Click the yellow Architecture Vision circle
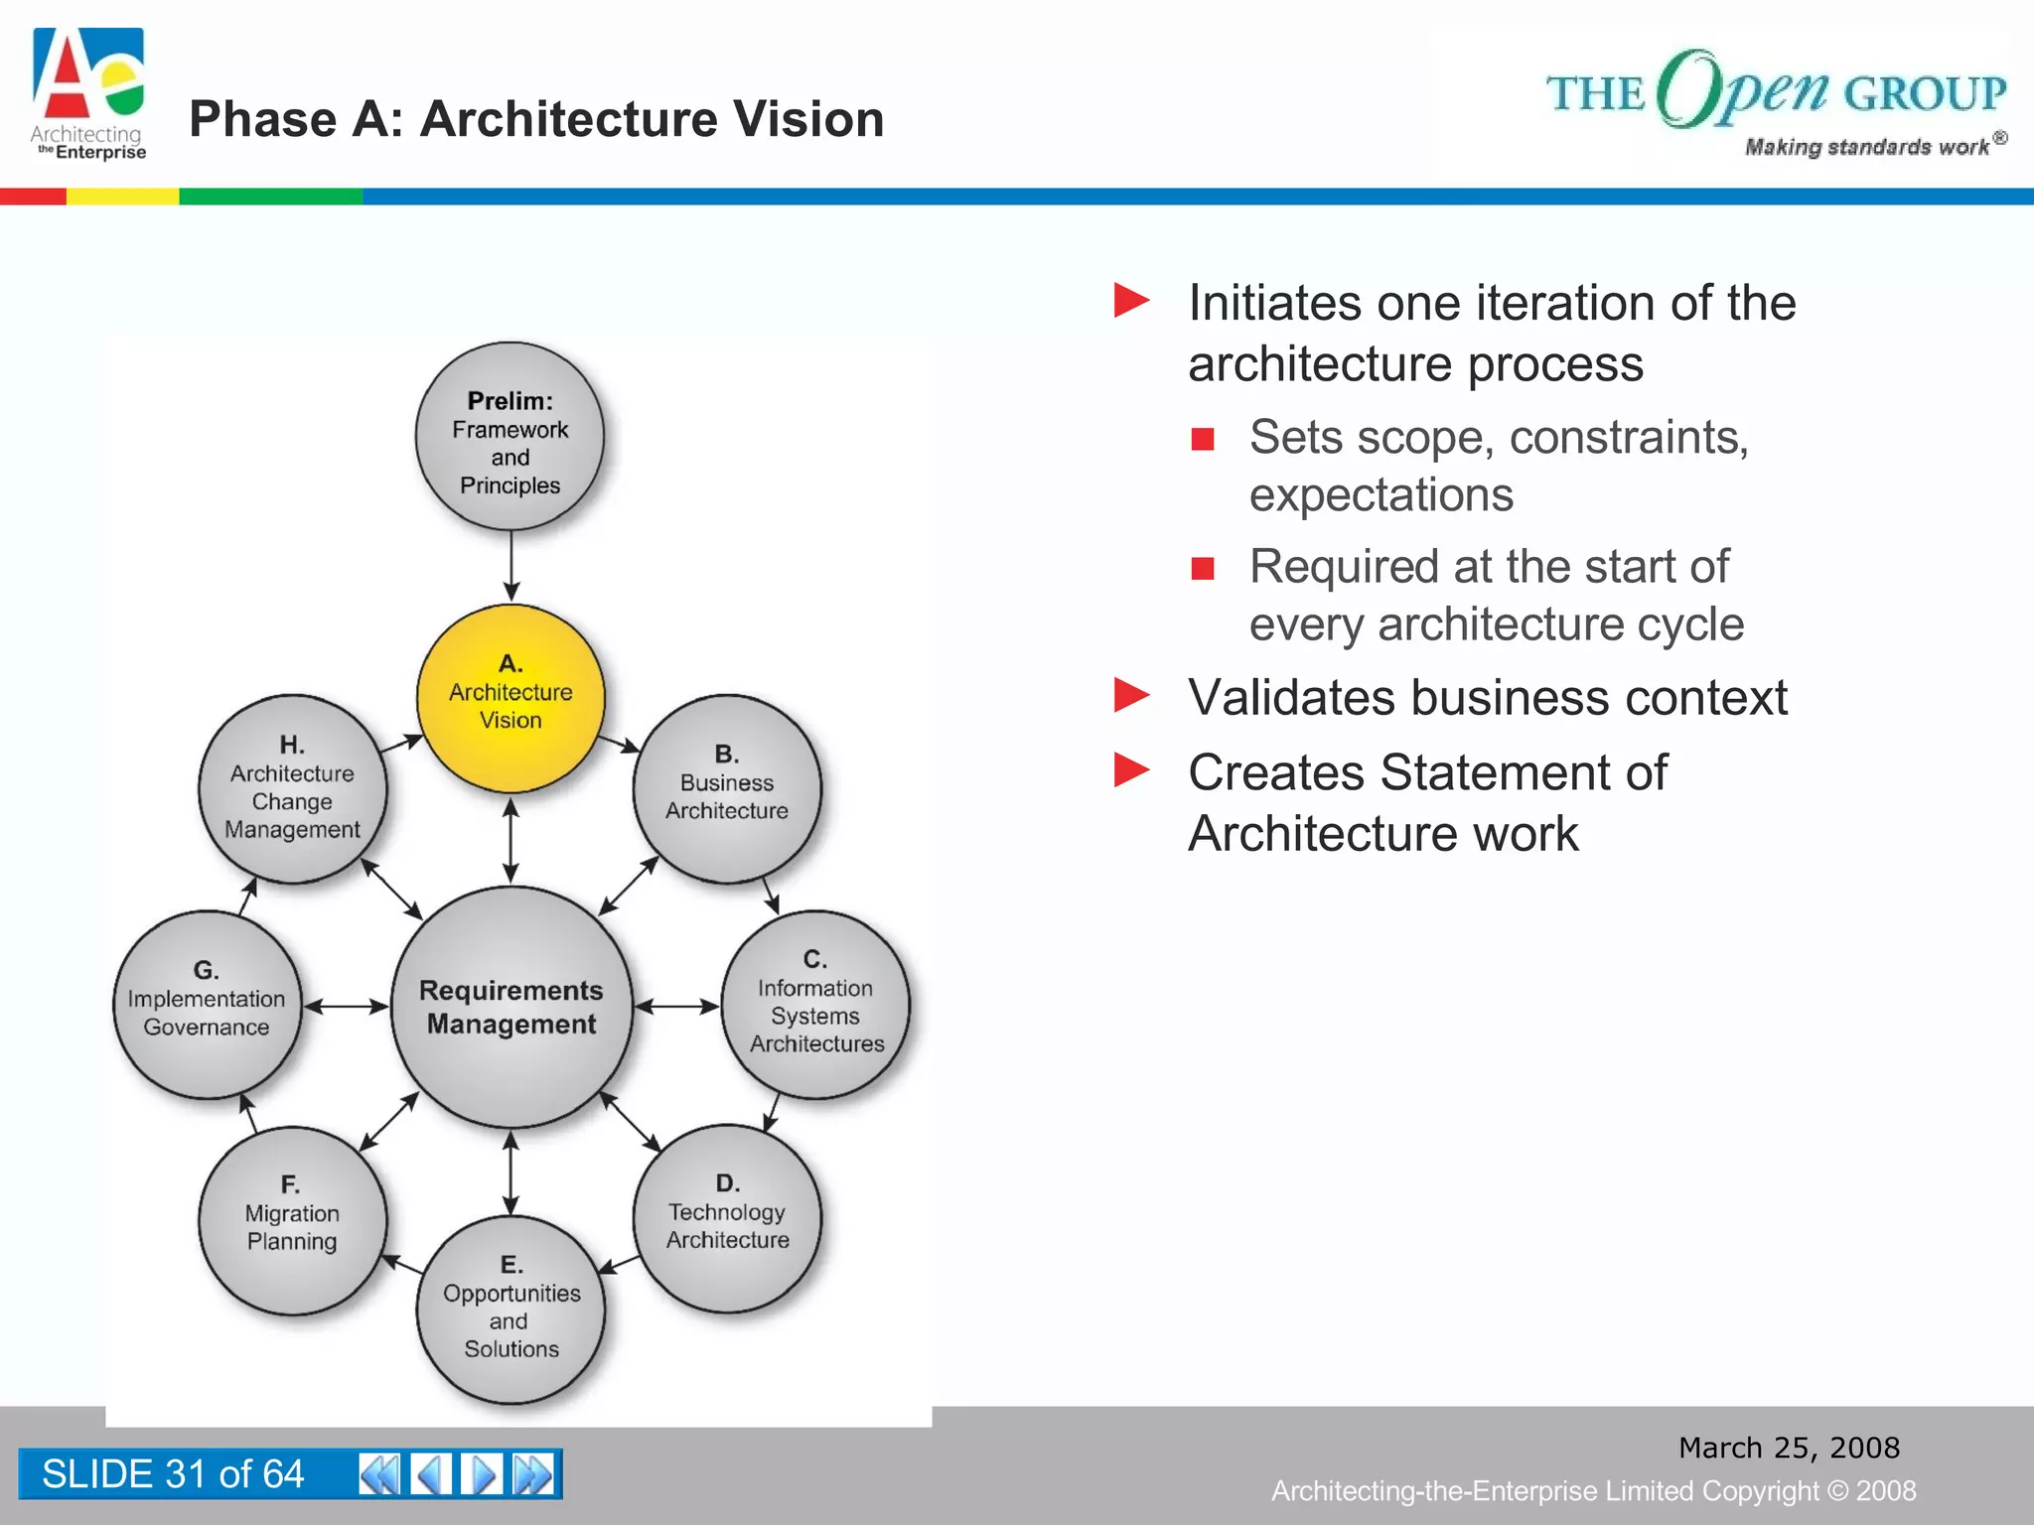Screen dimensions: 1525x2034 (510, 698)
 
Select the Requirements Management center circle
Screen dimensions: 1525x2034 (511, 1007)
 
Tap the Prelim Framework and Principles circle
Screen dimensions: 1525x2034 (510, 437)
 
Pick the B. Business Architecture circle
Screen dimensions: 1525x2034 (727, 788)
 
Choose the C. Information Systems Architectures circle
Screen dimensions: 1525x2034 (815, 1004)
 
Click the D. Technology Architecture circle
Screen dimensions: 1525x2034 (727, 1218)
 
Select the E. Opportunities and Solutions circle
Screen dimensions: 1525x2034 (510, 1310)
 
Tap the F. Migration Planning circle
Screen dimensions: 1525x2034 (292, 1220)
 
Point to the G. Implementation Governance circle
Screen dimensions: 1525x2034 (207, 1004)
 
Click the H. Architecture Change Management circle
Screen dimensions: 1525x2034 (292, 788)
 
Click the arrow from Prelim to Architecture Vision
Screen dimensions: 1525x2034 (510, 566)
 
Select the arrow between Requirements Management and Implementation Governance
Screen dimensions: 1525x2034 (346, 1007)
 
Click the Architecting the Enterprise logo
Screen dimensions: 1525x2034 (88, 94)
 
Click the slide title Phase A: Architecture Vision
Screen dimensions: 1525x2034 (536, 119)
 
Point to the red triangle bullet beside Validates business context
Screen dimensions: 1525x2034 (1131, 695)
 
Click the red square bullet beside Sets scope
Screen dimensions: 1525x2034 (1203, 439)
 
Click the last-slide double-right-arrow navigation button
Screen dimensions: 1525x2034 (533, 1474)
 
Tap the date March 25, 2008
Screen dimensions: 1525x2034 (1789, 1448)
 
